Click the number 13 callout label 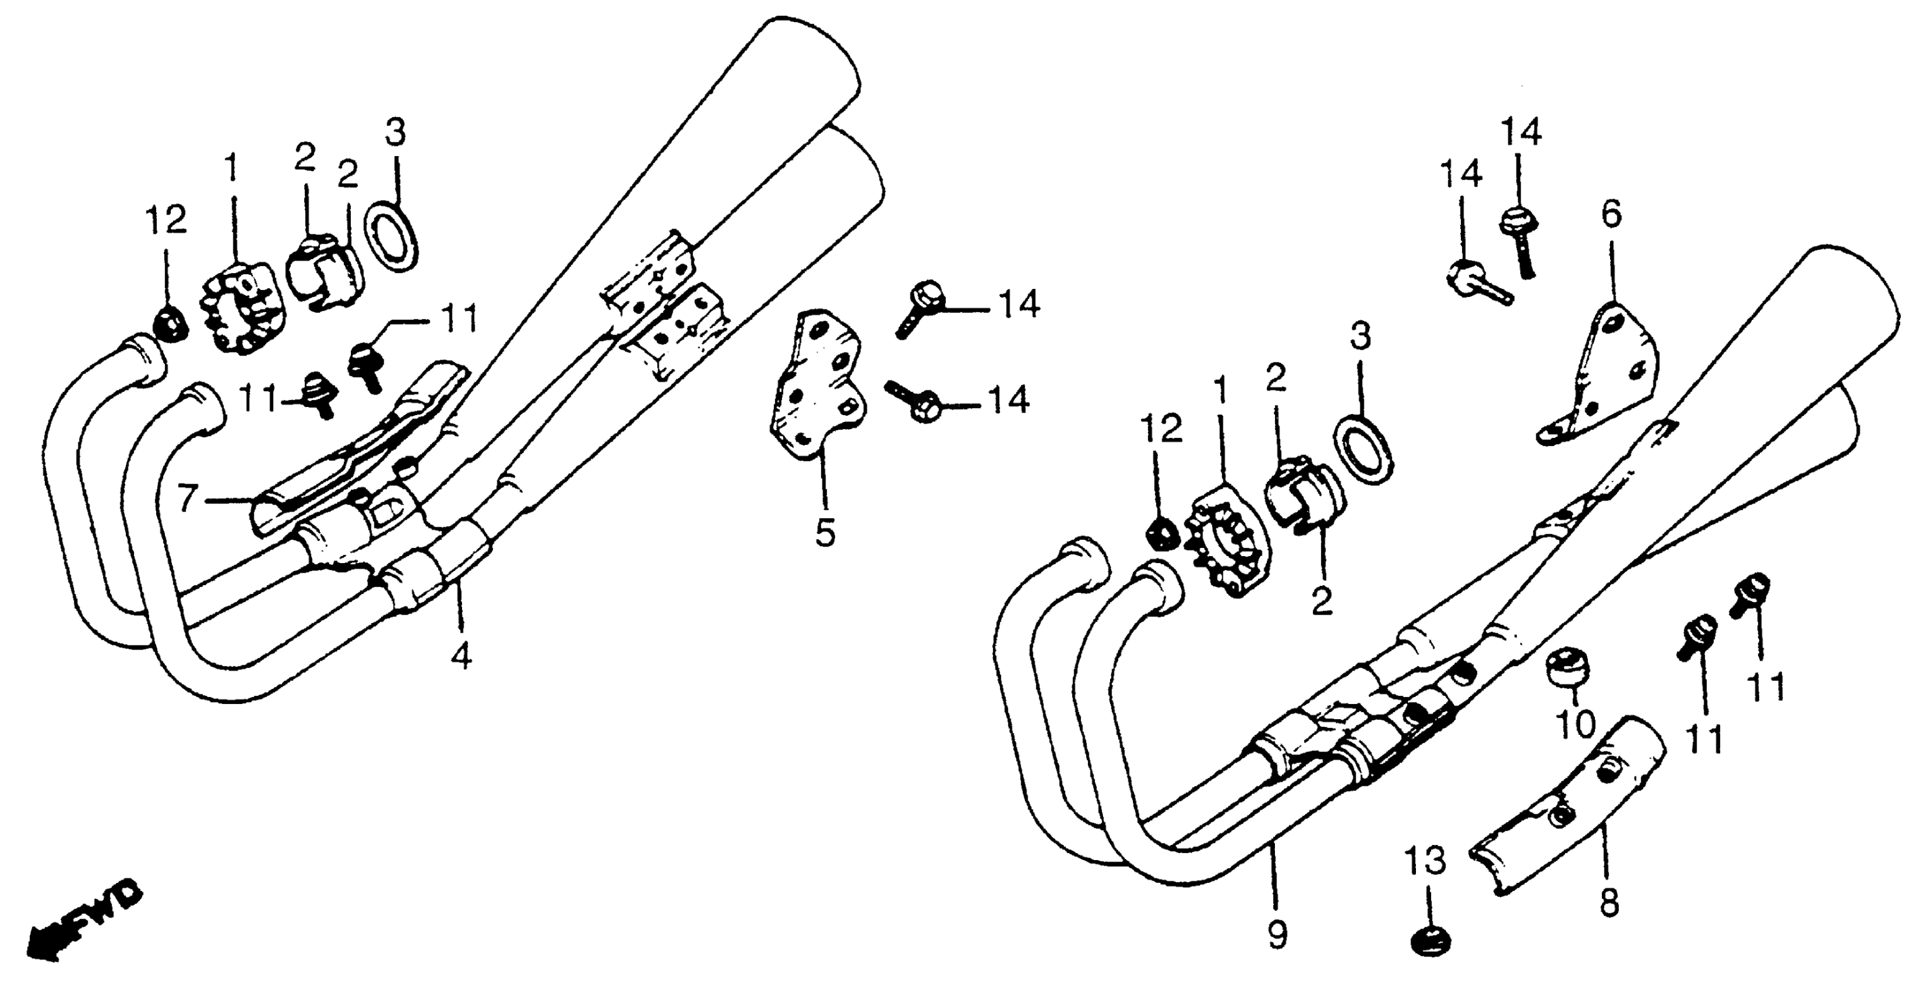coord(1426,864)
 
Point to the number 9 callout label coord(1277,934)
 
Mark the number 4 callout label coord(462,657)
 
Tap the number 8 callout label coord(1610,904)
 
